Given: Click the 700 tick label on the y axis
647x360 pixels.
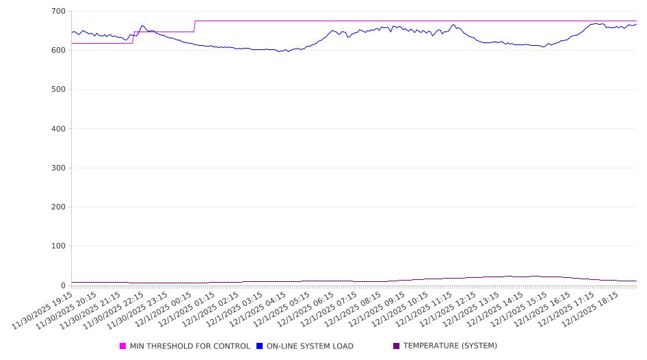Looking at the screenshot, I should (x=58, y=12).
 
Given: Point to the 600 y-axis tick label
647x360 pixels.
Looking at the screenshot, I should (x=58, y=51).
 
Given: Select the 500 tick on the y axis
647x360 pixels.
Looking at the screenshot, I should (x=58, y=90).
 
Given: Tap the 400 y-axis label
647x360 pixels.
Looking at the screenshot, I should (x=58, y=129).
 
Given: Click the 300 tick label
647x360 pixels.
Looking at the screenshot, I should (x=58, y=168).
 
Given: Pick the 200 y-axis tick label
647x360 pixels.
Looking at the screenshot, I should (x=58, y=207).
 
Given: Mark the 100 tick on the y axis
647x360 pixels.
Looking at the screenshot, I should (x=58, y=246).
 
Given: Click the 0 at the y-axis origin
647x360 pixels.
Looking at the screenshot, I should (x=63, y=285).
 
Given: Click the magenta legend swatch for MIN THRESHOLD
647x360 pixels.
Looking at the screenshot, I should (x=123, y=346).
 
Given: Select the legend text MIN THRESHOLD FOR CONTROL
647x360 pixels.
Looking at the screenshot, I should (x=189, y=346).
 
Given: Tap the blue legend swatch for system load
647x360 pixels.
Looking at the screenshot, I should (x=259, y=346).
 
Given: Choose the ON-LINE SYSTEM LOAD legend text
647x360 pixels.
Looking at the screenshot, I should (x=310, y=346).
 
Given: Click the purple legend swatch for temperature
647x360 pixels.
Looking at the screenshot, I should (x=396, y=346).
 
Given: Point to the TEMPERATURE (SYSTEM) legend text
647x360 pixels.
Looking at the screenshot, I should (x=450, y=346).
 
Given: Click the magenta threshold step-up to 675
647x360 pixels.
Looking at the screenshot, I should (x=195, y=26).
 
